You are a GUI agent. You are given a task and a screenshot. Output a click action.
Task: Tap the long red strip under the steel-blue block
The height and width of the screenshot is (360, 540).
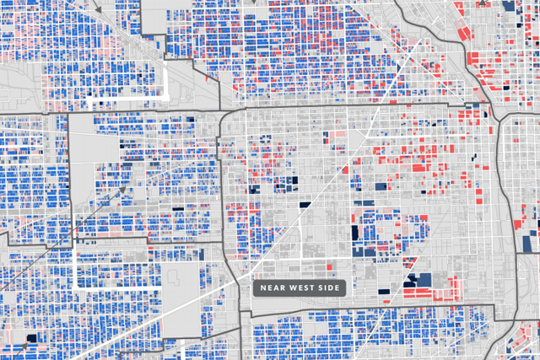(x=428, y=293)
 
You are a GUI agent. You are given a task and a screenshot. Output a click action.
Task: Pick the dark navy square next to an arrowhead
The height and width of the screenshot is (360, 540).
(x=32, y=340)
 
